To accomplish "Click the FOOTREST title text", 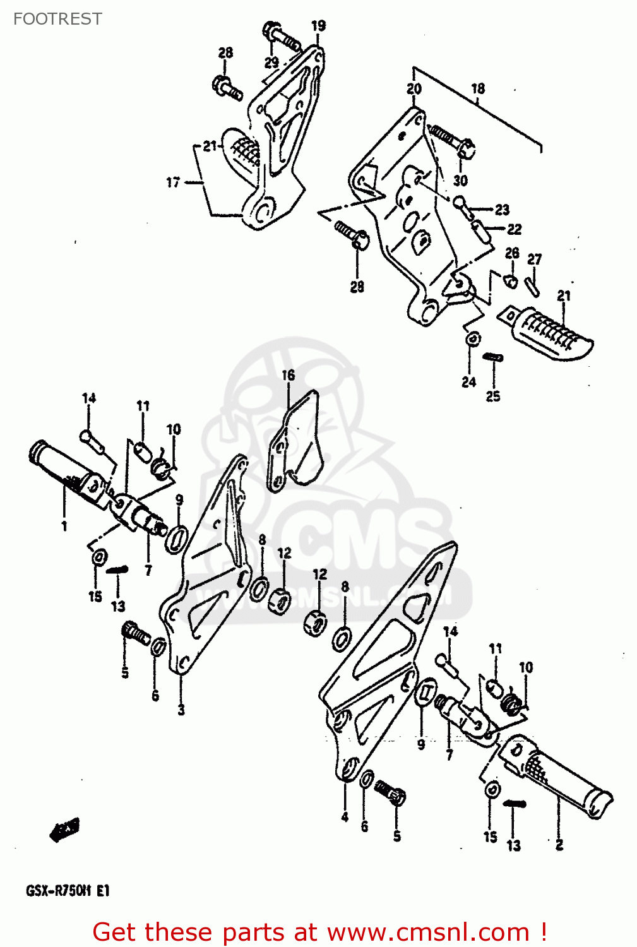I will pyautogui.click(x=57, y=19).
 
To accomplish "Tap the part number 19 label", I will pyautogui.click(x=318, y=26).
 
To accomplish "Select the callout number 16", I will pyautogui.click(x=288, y=376).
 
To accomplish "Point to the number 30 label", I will pyautogui.click(x=460, y=181).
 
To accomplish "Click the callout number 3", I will pyautogui.click(x=181, y=710).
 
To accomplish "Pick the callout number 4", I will pyautogui.click(x=345, y=817).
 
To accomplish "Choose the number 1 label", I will pyautogui.click(x=64, y=526).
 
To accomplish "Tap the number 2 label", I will pyautogui.click(x=559, y=845).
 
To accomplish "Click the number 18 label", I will pyautogui.click(x=478, y=89).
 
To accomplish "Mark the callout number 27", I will pyautogui.click(x=534, y=259).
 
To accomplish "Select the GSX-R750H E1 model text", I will pyautogui.click(x=68, y=891).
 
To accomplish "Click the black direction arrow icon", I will pyautogui.click(x=64, y=830).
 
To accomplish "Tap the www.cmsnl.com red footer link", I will pyautogui.click(x=428, y=932).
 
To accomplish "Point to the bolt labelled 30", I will pyautogui.click(x=453, y=142).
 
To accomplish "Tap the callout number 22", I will pyautogui.click(x=515, y=229).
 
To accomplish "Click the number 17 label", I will pyautogui.click(x=173, y=182).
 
